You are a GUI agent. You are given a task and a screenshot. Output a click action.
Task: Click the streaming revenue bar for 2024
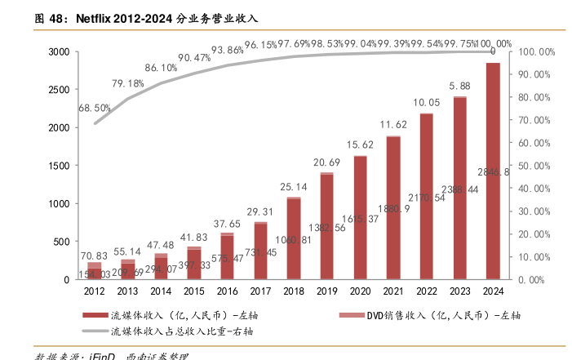point(493,171)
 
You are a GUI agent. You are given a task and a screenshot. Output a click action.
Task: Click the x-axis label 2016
point(227,291)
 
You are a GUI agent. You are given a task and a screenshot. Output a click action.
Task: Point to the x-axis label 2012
point(95,291)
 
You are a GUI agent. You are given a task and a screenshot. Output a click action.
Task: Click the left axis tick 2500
point(58,90)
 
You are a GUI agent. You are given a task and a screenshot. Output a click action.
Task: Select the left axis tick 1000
point(58,204)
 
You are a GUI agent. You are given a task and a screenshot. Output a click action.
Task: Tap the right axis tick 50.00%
point(538,166)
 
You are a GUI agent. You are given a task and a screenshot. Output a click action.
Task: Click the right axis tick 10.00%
point(538,257)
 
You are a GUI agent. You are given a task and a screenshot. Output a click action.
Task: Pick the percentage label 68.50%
point(95,108)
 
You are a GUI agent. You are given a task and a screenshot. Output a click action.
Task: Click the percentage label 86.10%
point(161,68)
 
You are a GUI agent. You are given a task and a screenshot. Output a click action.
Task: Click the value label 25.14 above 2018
point(294,187)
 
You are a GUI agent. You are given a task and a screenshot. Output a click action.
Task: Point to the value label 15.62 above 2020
point(360,145)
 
